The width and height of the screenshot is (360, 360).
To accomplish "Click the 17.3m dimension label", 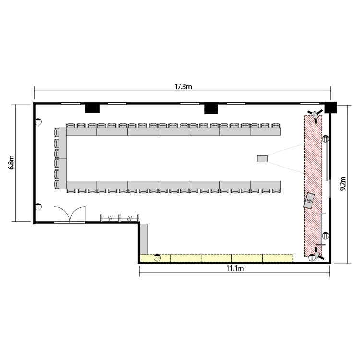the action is click(183, 87).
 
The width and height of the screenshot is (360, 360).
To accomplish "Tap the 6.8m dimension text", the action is click(11, 162).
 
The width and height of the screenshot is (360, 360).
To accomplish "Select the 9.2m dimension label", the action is click(343, 183).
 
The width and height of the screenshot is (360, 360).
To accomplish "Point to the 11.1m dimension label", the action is click(235, 268).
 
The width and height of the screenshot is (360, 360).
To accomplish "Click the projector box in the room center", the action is click(263, 159).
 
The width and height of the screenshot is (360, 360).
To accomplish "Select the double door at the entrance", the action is click(70, 215).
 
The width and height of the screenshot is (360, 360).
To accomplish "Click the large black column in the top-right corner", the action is click(331, 108).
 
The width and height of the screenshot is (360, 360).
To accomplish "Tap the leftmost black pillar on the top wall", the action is click(93, 108).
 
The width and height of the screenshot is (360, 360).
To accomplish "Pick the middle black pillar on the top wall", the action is click(212, 109).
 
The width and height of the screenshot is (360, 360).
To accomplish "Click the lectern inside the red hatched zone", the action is click(309, 201).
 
